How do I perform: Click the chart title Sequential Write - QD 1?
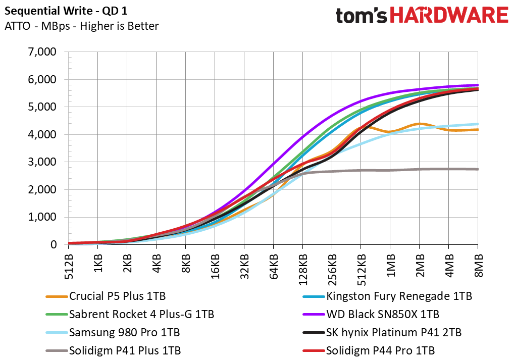[x=66, y=11]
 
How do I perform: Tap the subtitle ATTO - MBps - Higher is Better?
[x=81, y=26]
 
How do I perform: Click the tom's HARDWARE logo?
[x=422, y=15]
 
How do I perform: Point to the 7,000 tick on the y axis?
[x=42, y=52]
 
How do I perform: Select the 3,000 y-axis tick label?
[x=42, y=162]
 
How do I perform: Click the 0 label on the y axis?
[x=53, y=245]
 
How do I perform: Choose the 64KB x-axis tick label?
[x=274, y=267]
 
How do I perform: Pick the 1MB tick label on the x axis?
[x=390, y=265]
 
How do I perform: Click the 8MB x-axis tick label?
[x=479, y=265]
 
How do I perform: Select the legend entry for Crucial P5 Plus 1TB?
[x=106, y=296]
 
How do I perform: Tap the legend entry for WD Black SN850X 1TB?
[x=371, y=315]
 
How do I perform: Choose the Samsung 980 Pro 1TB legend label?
[x=113, y=332]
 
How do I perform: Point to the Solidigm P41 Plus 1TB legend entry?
[x=113, y=350]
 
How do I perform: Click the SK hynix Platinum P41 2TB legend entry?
[x=382, y=332]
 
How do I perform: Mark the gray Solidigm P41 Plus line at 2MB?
[x=420, y=169]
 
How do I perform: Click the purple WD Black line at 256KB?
[x=332, y=116]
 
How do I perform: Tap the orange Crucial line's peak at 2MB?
[x=420, y=124]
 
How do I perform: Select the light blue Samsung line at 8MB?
[x=477, y=124]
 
